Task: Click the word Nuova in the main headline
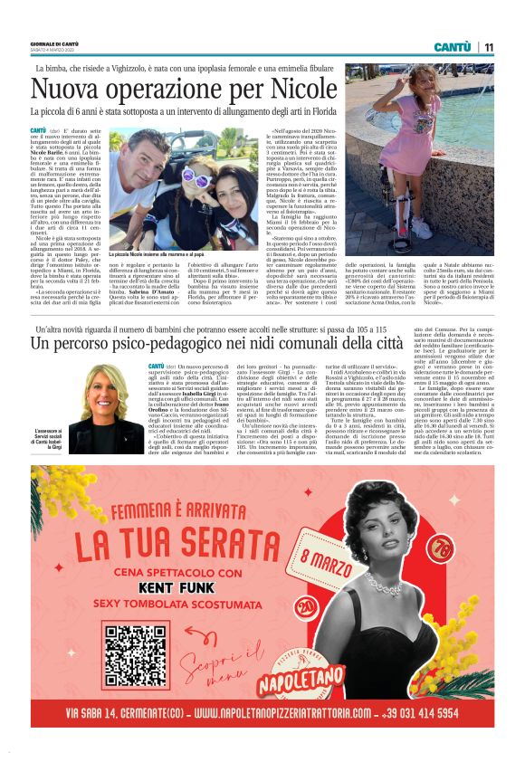69,89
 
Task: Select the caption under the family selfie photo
156,256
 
